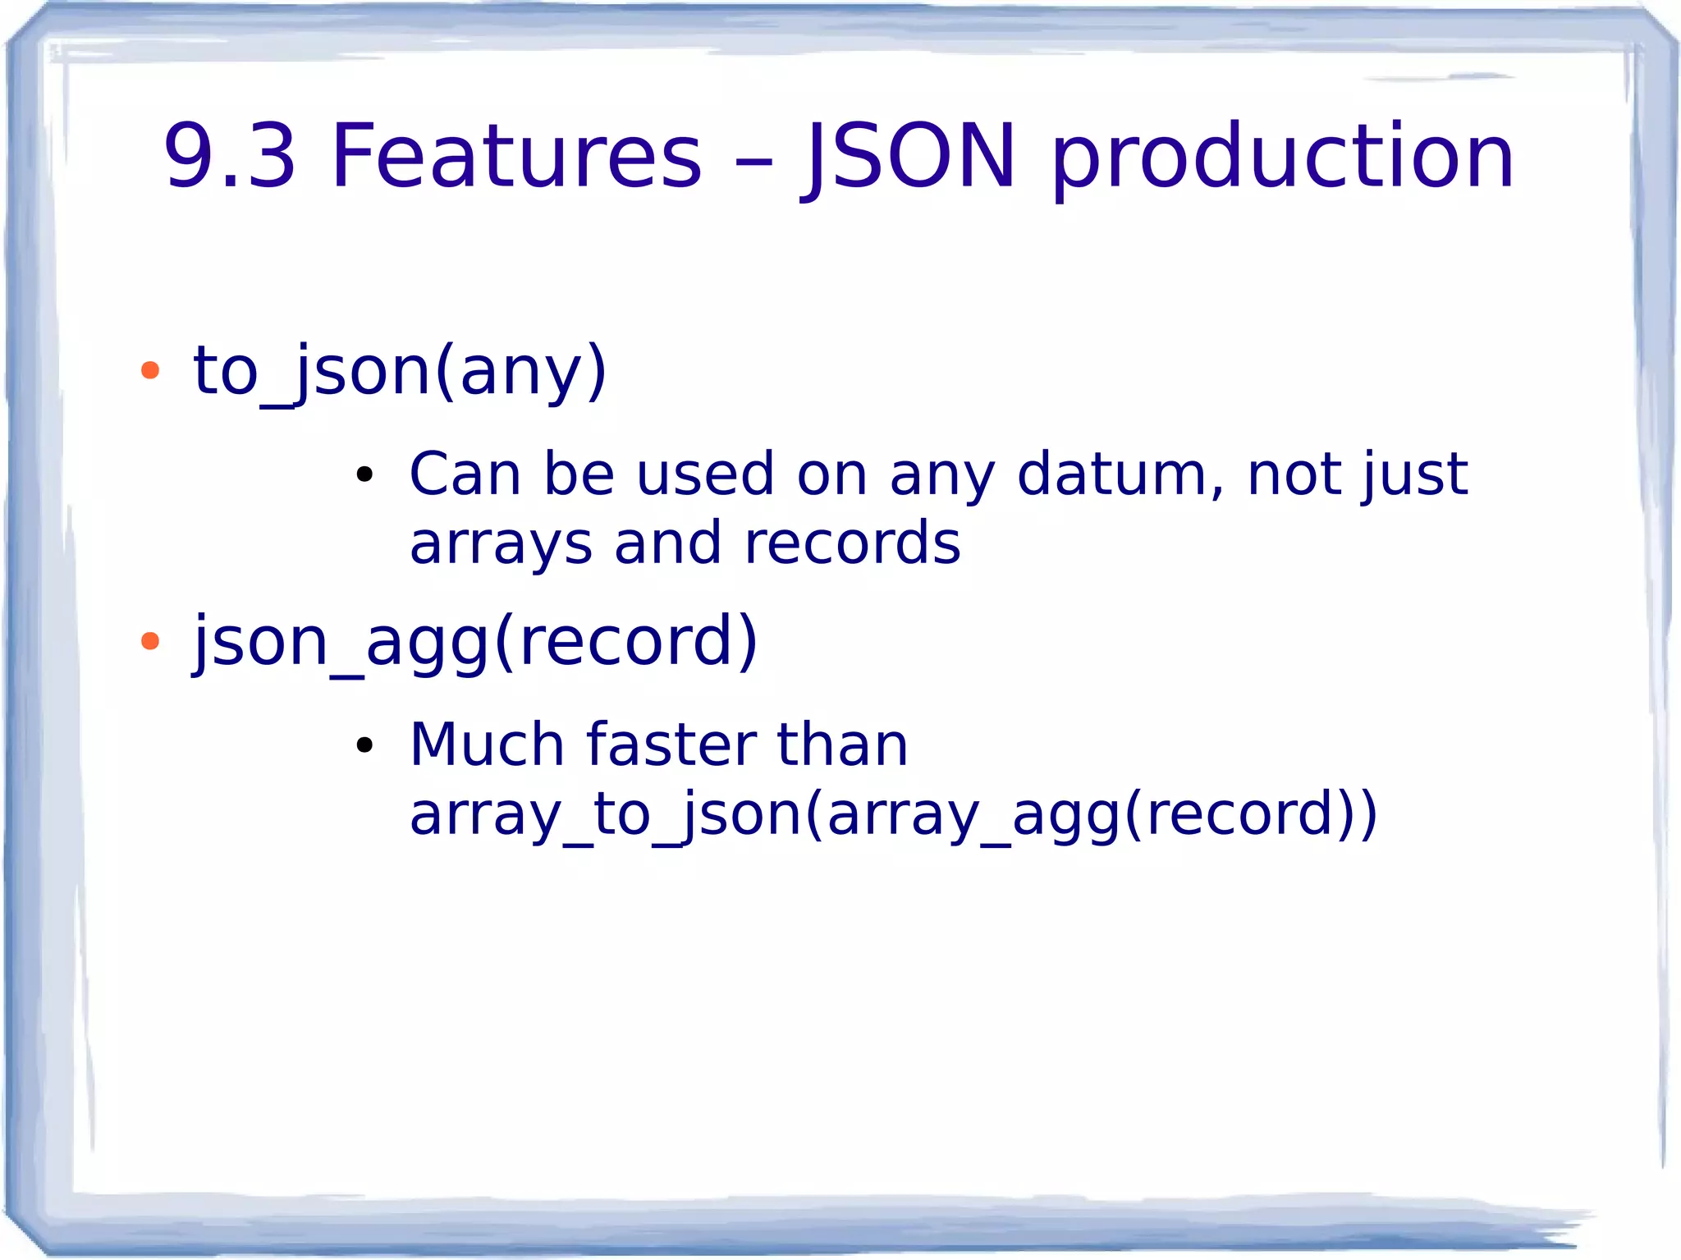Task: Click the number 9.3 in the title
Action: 229,156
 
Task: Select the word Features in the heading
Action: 516,156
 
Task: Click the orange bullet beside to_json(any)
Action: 149,371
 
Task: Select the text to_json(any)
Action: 400,371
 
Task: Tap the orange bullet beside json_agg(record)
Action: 149,641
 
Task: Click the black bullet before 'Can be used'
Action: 364,474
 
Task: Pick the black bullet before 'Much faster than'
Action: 364,745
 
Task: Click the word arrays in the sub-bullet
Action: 501,544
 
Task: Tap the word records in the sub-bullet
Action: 851,544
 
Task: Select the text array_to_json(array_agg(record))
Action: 893,814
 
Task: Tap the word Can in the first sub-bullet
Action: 465,474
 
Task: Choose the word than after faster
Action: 842,745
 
